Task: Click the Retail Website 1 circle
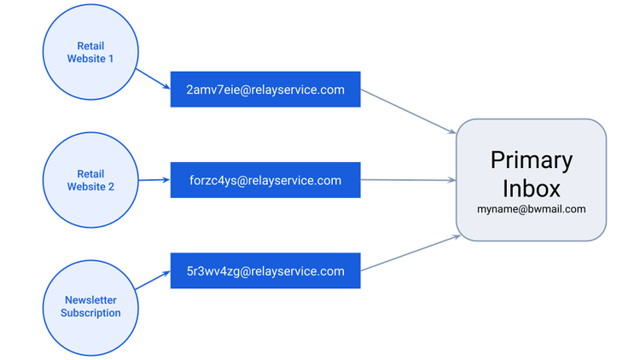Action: (x=90, y=52)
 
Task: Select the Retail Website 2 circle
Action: (x=90, y=180)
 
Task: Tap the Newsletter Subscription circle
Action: (x=90, y=308)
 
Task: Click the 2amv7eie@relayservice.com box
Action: (x=265, y=90)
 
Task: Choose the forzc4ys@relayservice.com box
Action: (x=265, y=180)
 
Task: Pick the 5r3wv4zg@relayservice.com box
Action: (x=265, y=270)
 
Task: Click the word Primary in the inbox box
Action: (x=532, y=160)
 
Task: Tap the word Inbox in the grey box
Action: (x=532, y=189)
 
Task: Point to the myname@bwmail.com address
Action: (x=532, y=209)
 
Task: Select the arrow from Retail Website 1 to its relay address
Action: (x=153, y=78)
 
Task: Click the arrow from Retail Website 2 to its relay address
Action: (x=154, y=180)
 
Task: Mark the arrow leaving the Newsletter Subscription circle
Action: (x=153, y=281)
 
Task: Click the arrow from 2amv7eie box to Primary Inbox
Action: (x=409, y=112)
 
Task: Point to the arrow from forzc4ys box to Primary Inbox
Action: (x=409, y=180)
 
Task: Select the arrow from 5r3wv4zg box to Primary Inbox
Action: (x=410, y=253)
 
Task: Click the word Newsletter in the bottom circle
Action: (x=90, y=300)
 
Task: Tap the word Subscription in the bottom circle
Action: (x=90, y=312)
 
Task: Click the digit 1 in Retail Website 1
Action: (x=111, y=59)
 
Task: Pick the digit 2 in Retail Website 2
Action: (x=111, y=187)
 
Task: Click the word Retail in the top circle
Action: (x=90, y=46)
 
